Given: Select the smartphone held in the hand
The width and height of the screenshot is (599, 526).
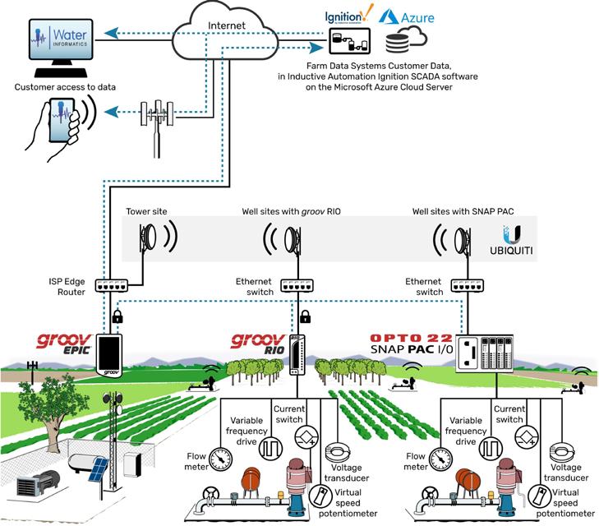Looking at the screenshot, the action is pos(61,119).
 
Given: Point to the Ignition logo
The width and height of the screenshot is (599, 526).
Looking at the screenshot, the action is pos(348,16).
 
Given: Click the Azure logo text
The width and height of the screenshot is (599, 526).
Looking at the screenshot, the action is pos(417,17).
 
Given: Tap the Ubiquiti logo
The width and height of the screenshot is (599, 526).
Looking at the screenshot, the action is pos(511,240).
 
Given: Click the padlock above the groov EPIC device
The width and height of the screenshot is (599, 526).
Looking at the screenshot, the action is pos(117,316).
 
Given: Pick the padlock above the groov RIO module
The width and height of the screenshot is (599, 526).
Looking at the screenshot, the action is pos(305,316).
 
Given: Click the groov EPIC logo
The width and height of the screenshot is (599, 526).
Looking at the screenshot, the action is pos(64,344).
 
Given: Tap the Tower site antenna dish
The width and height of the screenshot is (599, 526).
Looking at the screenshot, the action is pos(148,237).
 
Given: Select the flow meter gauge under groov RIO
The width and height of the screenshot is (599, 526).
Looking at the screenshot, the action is pos(220,459).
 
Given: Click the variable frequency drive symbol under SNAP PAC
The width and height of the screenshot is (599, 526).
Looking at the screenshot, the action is pos(491,449).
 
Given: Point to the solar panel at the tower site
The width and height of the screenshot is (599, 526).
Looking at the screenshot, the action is pos(98,469).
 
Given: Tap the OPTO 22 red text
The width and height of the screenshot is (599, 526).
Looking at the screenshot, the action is pos(412,338).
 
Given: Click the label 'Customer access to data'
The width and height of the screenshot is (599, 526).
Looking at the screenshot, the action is pos(65,87).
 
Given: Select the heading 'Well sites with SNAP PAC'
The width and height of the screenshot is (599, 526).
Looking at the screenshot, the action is pos(463,211).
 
